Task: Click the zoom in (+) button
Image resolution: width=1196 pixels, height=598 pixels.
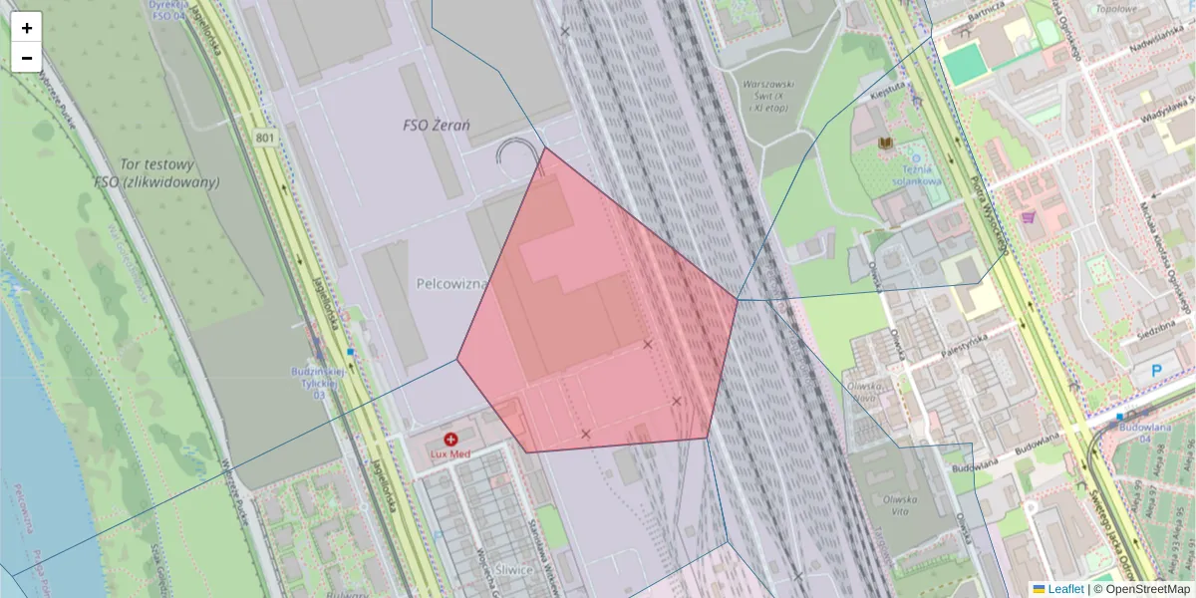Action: [27, 28]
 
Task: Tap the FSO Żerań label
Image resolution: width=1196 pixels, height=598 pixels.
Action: [437, 126]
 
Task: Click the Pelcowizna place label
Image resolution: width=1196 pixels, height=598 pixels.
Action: [451, 284]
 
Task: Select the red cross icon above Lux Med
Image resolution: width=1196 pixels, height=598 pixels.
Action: [450, 439]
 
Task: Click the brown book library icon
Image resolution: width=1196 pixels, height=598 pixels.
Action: [884, 145]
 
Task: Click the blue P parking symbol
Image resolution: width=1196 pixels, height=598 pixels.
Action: [1157, 371]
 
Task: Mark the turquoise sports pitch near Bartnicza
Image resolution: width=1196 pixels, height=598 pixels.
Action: [964, 64]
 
